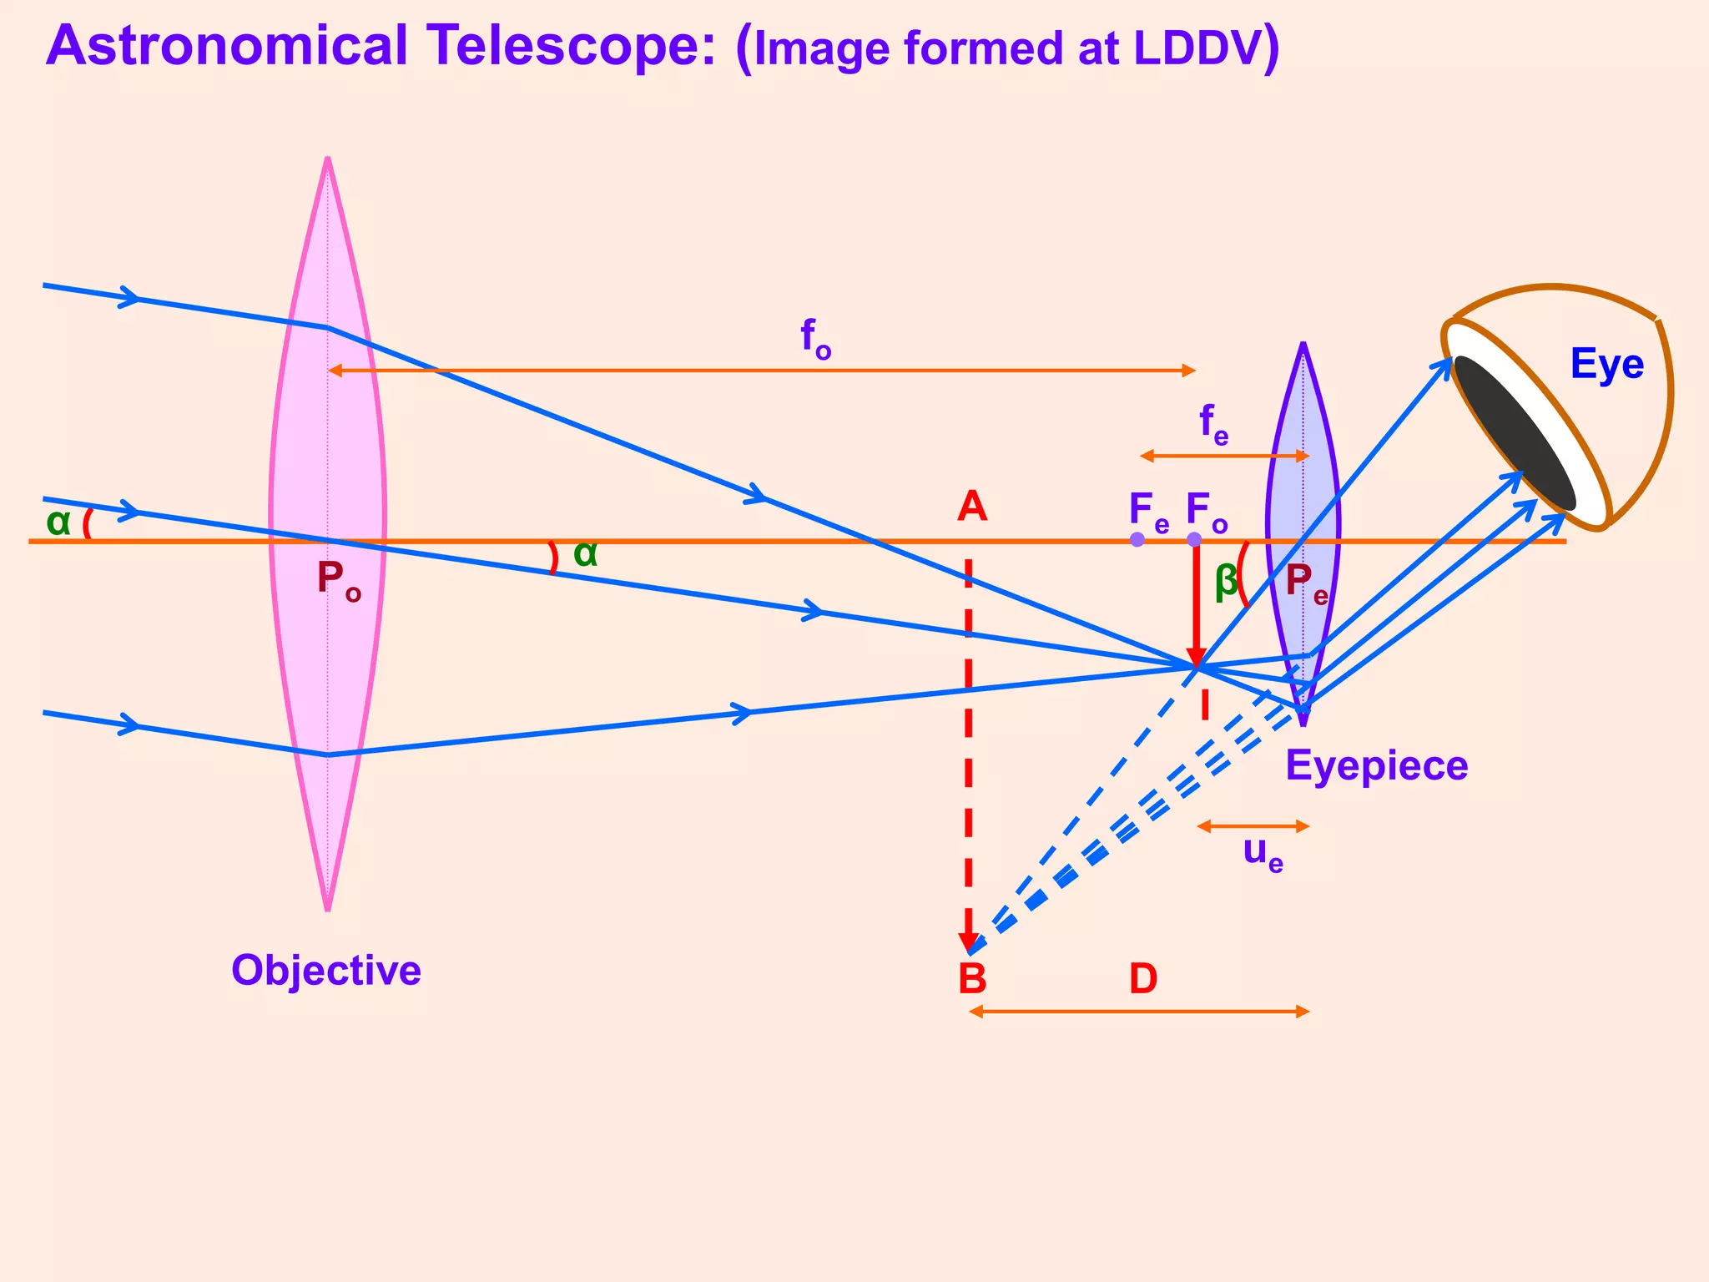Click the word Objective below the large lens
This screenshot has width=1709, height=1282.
325,971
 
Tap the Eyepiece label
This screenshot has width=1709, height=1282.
1376,765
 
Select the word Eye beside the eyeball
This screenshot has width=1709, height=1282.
1606,365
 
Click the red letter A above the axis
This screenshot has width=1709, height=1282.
972,507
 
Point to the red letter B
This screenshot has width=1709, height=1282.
972,978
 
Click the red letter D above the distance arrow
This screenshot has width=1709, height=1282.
1143,978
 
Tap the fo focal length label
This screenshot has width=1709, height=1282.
815,339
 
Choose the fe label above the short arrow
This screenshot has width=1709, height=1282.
1213,424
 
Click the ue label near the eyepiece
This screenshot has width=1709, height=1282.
1263,853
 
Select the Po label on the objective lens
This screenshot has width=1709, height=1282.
338,578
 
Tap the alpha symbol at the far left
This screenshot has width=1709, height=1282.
58,522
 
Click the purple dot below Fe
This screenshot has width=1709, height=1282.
1137,539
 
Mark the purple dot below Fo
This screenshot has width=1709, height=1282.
1194,539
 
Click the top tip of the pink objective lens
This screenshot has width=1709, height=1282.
328,159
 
